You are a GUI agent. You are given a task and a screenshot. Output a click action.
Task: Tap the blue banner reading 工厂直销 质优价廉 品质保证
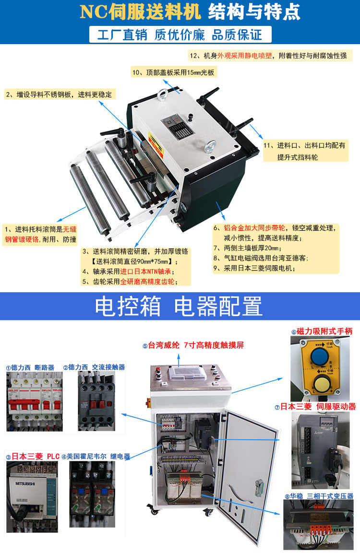(180, 35)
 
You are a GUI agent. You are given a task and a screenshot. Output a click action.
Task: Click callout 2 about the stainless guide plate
(58, 94)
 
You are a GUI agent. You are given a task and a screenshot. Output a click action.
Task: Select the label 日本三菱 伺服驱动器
(315, 406)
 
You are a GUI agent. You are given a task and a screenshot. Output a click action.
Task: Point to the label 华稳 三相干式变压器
(319, 495)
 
